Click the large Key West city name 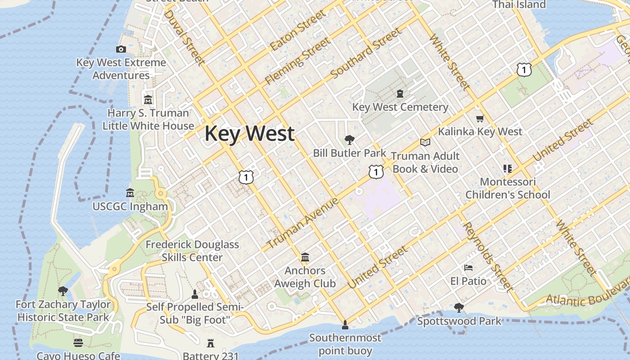tap(250, 134)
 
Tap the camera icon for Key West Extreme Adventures tap(121, 49)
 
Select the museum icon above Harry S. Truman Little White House tap(148, 99)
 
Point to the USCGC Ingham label tap(130, 207)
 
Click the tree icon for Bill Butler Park tap(349, 140)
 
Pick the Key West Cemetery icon tap(400, 94)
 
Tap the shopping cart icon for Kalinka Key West tap(480, 119)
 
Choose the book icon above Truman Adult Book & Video tap(425, 143)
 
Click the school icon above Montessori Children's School tap(508, 169)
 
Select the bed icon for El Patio tap(468, 268)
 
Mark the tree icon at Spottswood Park tap(459, 308)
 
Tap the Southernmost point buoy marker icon tap(345, 324)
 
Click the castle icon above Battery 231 tap(210, 343)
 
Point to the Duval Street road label tap(184, 37)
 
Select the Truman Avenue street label tap(303, 223)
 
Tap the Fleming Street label tap(297, 61)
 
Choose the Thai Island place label tap(519, 4)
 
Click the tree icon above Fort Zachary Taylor tap(63, 291)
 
